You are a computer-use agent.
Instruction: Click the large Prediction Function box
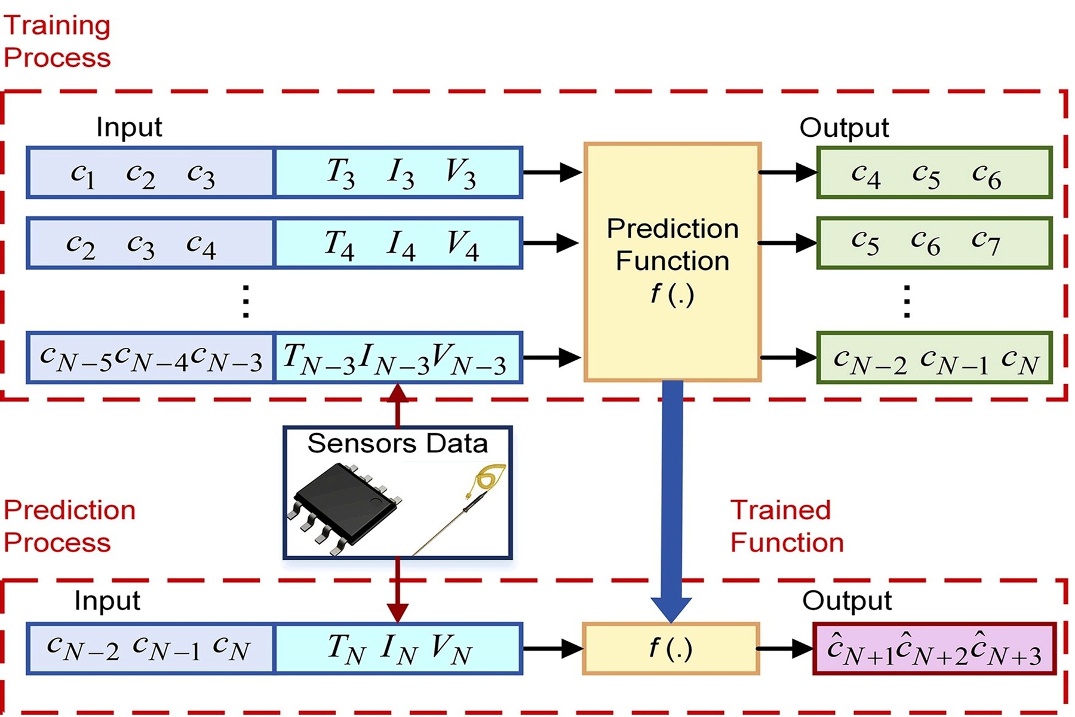(x=672, y=262)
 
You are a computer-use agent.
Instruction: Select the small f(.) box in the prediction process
(x=671, y=649)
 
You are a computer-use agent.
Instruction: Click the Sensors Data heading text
(x=397, y=444)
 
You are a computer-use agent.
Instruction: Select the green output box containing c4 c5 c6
(x=934, y=173)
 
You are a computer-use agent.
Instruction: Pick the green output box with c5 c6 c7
(x=934, y=243)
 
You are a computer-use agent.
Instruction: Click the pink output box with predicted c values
(x=934, y=649)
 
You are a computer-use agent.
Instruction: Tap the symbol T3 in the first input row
(x=340, y=173)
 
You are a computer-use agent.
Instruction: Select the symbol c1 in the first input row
(x=82, y=174)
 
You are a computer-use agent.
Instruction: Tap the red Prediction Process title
(x=69, y=526)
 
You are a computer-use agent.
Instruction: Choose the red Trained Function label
(x=786, y=526)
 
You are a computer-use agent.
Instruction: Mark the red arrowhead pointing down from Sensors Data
(x=398, y=612)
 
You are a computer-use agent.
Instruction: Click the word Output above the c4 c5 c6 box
(x=844, y=128)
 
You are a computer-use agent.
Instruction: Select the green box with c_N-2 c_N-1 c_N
(x=934, y=358)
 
